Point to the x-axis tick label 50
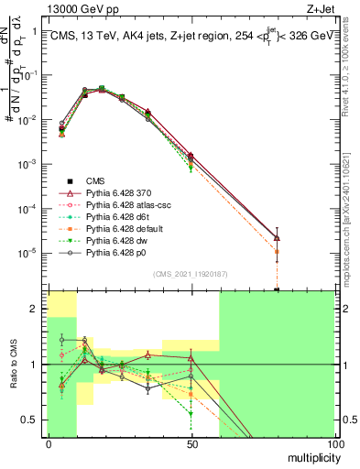pyautogui.click(x=191, y=444)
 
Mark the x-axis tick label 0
pyautogui.click(x=49, y=444)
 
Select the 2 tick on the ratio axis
pyautogui.click(x=37, y=310)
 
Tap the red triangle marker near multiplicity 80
pyautogui.click(x=277, y=238)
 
